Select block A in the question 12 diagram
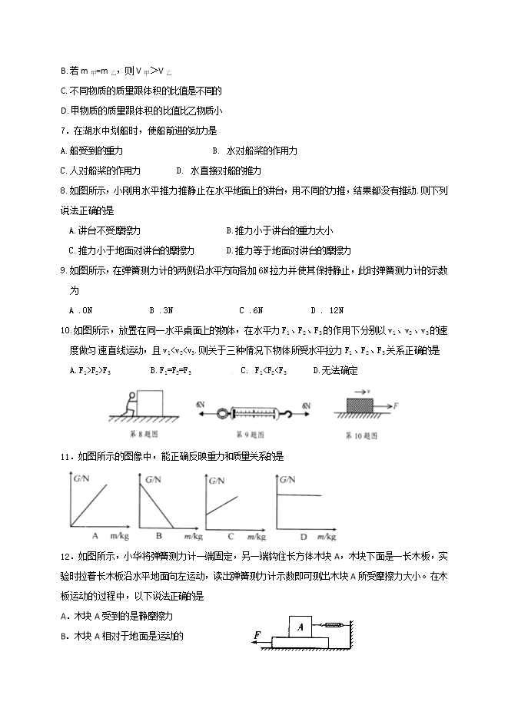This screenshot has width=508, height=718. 300,627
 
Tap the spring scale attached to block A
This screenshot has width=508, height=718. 328,625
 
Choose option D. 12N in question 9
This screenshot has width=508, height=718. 327,310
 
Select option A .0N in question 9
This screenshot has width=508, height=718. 81,310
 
